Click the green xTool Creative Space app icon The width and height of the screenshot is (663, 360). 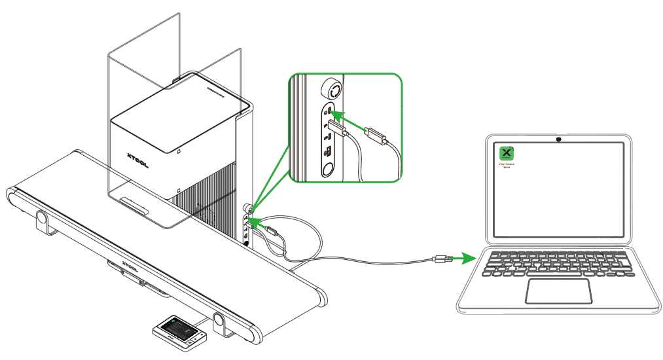(x=506, y=153)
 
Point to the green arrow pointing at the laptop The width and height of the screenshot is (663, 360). (x=465, y=258)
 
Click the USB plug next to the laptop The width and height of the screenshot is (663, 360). (x=440, y=259)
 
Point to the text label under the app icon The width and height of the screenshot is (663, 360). (x=506, y=166)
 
